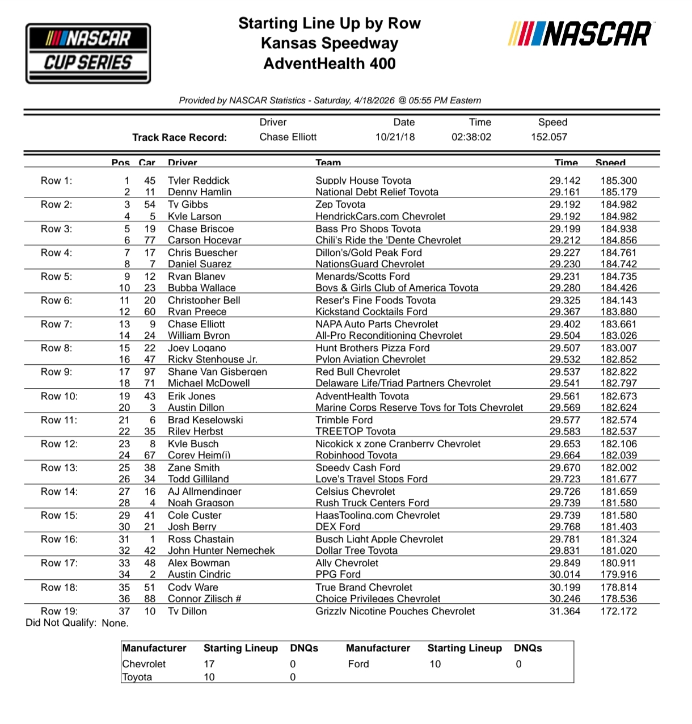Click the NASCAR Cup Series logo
tap(88, 53)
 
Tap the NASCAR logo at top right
tap(580, 34)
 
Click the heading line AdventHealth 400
tap(329, 64)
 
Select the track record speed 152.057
tap(548, 137)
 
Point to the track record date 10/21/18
tap(395, 137)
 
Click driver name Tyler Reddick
tap(199, 180)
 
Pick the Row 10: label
tap(59, 396)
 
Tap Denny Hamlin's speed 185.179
tap(618, 192)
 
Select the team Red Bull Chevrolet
tap(358, 372)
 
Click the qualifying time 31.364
tap(564, 611)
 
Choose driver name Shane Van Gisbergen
tap(217, 372)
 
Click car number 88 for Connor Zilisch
tap(150, 599)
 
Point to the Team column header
tap(328, 163)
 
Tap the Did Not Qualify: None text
tap(77, 623)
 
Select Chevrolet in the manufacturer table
tap(144, 664)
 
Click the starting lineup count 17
tap(209, 664)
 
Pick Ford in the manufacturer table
tap(358, 664)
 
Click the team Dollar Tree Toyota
tap(356, 550)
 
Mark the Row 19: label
tap(59, 611)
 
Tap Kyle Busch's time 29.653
tap(564, 444)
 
